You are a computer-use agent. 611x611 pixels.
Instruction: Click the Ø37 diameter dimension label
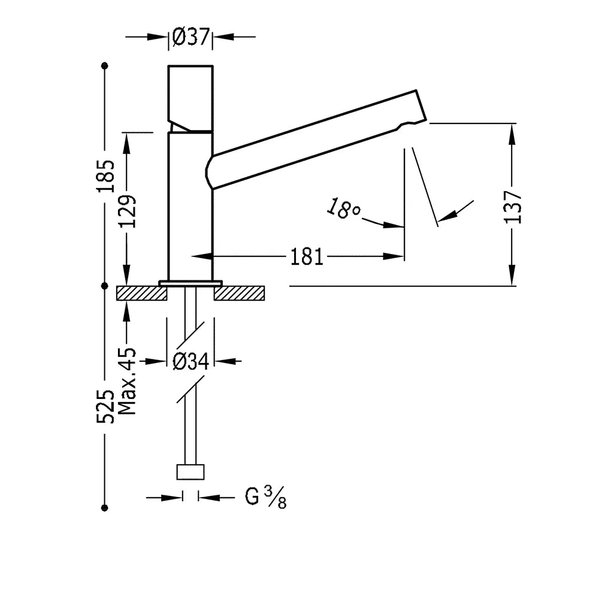tap(191, 37)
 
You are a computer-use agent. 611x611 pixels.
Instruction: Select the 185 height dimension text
tap(106, 176)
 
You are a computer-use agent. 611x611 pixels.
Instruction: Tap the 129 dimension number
tap(128, 211)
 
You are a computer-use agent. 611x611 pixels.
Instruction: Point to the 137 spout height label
tap(513, 207)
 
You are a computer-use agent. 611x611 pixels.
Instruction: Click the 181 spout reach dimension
tap(307, 257)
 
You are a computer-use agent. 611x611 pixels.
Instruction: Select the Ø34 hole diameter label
tap(191, 361)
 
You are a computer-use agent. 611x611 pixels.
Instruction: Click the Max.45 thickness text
tap(127, 381)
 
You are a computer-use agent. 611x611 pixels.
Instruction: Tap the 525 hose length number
tap(106, 406)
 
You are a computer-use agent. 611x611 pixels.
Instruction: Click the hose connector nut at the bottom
tap(190, 472)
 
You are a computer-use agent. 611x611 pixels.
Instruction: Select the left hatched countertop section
tap(142, 294)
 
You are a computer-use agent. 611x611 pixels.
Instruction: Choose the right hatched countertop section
tap(239, 294)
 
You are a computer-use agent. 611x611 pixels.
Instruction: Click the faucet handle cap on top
tap(190, 99)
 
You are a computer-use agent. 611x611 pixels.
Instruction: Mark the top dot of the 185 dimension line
tap(104, 66)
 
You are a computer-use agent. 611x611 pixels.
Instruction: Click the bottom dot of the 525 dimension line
tap(104, 508)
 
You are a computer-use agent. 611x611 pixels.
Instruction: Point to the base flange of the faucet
tap(190, 283)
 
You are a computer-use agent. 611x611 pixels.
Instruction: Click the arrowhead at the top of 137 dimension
tap(512, 134)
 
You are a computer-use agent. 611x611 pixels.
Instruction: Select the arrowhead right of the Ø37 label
tap(223, 37)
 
